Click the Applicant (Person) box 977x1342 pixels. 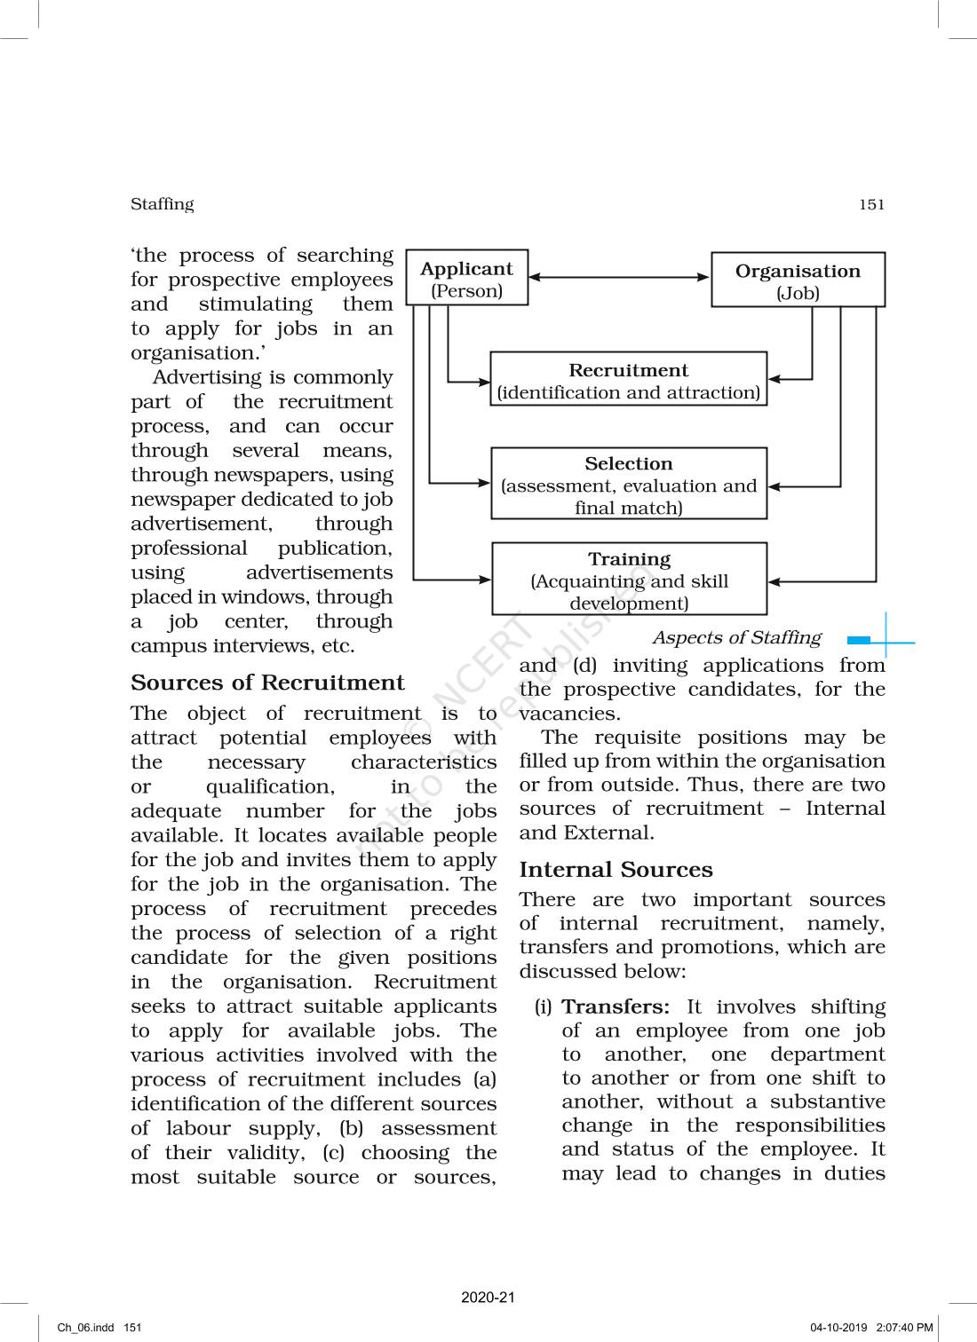466,279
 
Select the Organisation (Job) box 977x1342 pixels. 798,280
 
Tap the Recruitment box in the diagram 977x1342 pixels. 628,380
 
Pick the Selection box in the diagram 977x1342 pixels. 628,485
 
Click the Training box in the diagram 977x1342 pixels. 629,580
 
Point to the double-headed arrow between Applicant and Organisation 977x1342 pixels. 619,277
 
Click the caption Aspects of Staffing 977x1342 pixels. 736,637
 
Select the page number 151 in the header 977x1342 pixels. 871,205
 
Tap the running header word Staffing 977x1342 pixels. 162,204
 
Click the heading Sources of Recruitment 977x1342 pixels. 267,683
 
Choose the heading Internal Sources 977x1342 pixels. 616,870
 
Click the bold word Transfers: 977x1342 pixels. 616,1006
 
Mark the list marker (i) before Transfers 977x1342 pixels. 543,1007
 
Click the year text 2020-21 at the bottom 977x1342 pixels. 488,1297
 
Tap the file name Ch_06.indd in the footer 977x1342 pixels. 86,1328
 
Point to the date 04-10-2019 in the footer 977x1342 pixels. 838,1328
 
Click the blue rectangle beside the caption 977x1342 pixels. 859,640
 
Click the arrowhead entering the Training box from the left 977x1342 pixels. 484,580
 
